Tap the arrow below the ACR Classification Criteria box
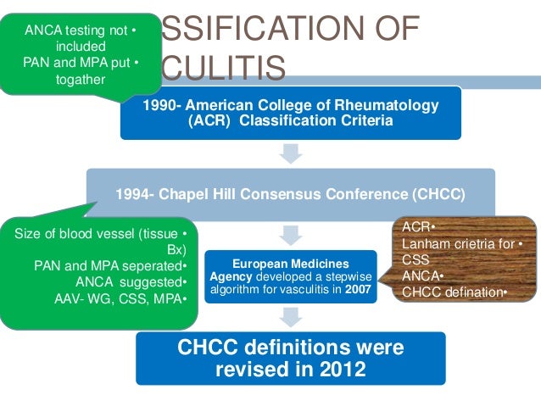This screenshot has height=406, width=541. [x=291, y=153]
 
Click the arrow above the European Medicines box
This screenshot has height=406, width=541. [x=291, y=232]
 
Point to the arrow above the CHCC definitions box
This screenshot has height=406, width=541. [x=291, y=317]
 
